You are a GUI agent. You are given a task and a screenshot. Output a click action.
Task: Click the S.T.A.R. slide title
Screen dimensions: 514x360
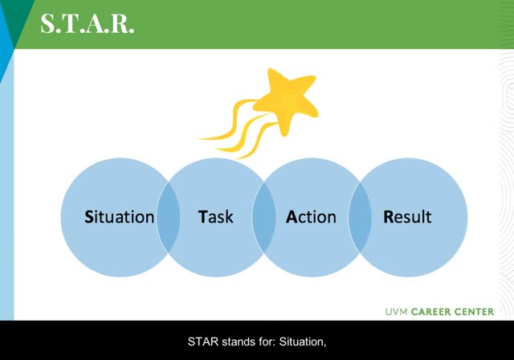point(88,23)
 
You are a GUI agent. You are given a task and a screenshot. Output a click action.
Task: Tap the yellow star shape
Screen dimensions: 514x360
point(286,100)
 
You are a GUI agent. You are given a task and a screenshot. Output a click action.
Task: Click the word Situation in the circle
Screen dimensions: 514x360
point(120,217)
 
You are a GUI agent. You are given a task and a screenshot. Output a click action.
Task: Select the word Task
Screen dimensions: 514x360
point(216,217)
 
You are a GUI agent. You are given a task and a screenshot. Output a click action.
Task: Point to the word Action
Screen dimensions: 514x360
point(311,217)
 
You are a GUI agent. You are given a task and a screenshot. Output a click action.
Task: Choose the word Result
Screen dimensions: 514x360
point(407,217)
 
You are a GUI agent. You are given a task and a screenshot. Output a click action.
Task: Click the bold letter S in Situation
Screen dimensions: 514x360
point(89,217)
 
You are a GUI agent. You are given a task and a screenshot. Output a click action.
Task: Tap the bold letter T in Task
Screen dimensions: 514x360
point(202,217)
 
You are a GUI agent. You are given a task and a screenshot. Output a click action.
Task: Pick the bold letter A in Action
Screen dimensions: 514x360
point(292,217)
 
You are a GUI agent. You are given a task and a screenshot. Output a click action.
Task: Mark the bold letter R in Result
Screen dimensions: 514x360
point(389,217)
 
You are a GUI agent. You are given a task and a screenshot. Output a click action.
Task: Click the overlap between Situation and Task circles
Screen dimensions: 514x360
point(168,218)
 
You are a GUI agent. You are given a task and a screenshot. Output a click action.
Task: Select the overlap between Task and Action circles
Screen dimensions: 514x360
point(264,218)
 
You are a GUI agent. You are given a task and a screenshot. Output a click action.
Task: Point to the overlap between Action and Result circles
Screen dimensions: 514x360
point(360,218)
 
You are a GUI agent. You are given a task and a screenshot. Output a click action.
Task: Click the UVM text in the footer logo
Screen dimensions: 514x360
point(396,312)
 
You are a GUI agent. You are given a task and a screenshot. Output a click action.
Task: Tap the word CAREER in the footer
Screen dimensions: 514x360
point(431,312)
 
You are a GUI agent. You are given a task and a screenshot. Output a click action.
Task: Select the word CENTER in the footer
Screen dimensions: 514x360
point(474,312)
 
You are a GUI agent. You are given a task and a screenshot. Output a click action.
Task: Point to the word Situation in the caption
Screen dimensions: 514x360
point(303,342)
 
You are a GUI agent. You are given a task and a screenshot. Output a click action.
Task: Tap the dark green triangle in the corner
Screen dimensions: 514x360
point(17,16)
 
